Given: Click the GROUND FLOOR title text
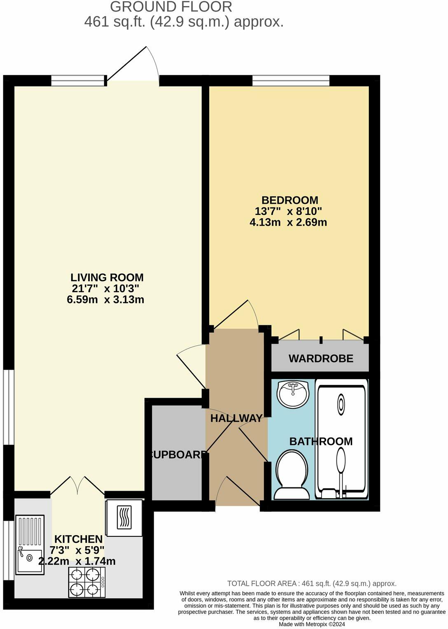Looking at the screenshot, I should (171, 7).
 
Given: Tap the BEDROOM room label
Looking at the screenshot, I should (290, 200).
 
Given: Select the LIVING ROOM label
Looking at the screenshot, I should (107, 277).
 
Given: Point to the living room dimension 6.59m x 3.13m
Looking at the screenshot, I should (105, 300).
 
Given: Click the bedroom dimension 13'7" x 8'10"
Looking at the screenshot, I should (288, 212).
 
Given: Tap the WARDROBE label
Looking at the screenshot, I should (321, 359).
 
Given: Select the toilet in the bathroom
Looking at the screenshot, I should (292, 475).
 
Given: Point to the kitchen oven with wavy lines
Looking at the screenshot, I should (124, 518).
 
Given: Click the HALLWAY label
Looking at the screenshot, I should (236, 418).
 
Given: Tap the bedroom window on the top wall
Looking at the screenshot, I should (291, 81).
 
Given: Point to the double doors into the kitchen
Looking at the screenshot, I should (77, 486).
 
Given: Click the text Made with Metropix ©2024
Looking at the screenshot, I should (312, 624).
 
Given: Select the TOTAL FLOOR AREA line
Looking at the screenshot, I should (312, 583).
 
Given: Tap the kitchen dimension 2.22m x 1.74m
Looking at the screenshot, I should (77, 561).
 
